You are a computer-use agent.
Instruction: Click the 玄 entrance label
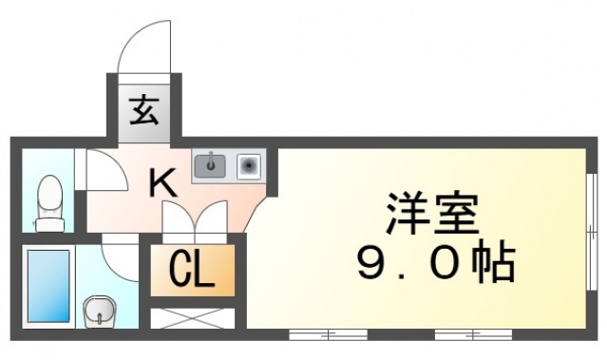pos(144,111)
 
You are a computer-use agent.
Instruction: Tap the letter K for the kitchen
pos(162,180)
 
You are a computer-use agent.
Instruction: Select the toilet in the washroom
pos(47,200)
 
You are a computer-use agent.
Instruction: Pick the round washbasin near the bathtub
pos(98,310)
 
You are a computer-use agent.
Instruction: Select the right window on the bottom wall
pos(472,334)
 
